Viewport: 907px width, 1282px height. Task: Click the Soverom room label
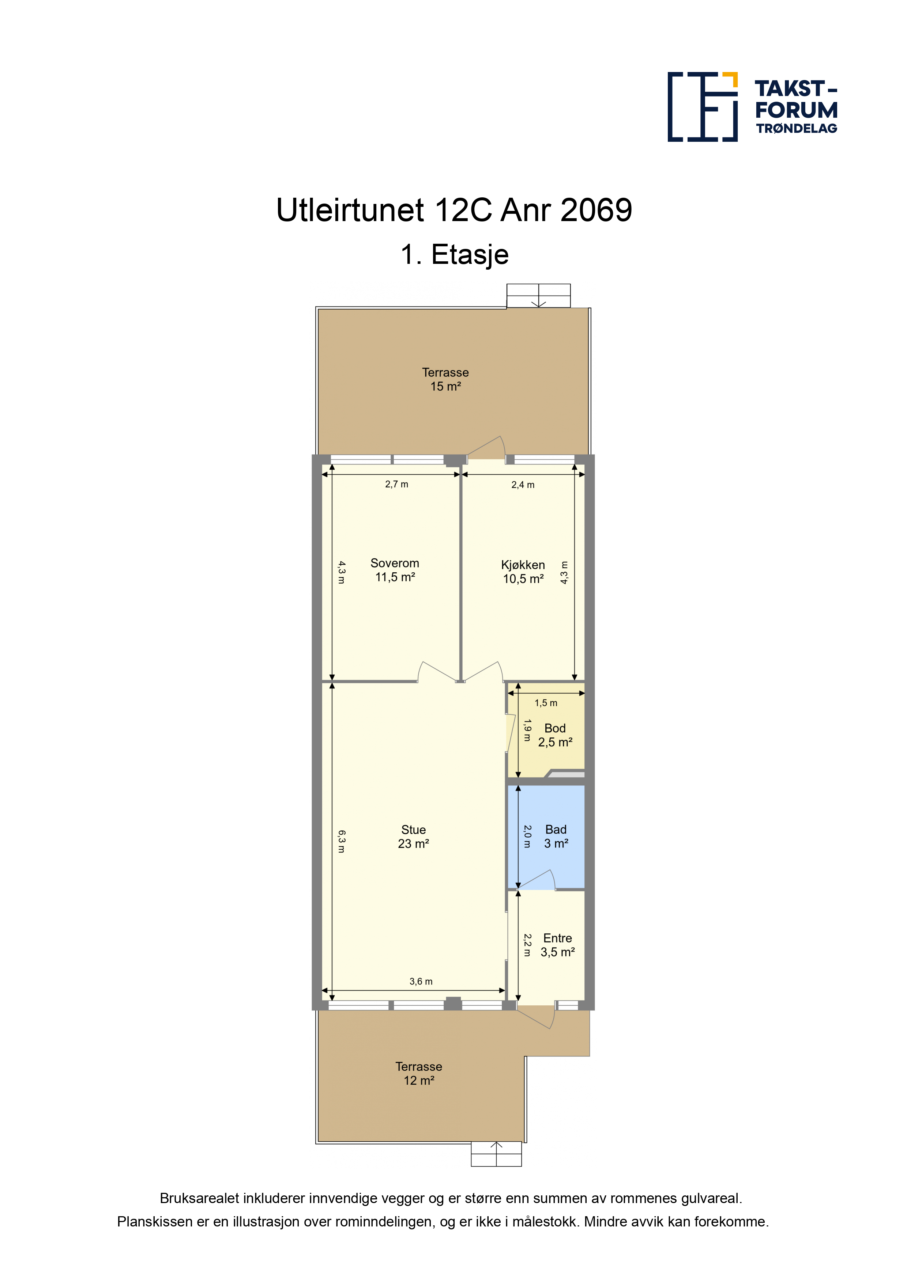click(395, 570)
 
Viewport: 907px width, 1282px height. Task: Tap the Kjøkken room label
click(523, 572)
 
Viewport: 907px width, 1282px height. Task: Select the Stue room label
click(414, 837)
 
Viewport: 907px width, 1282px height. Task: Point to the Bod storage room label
click(555, 735)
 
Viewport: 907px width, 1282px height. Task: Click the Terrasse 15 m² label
click(445, 379)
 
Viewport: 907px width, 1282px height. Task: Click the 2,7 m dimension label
click(397, 485)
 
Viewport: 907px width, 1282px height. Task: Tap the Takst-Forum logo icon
click(703, 107)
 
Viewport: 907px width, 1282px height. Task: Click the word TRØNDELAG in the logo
click(796, 128)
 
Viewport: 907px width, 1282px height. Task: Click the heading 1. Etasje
click(454, 255)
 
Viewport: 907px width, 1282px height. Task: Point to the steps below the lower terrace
click(496, 1154)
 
